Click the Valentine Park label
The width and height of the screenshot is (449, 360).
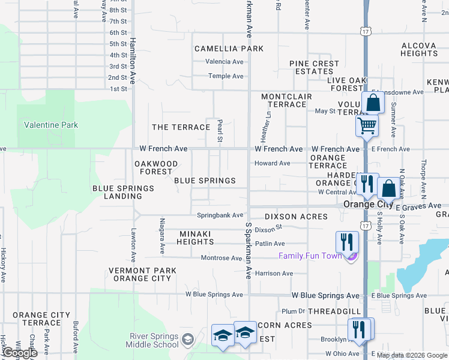[x=51, y=125]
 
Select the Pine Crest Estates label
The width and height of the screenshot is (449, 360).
[x=314, y=67]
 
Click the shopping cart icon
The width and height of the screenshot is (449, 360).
[x=367, y=126]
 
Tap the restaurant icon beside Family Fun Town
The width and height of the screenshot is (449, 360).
[x=347, y=242]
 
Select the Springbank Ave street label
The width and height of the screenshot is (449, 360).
[x=220, y=215]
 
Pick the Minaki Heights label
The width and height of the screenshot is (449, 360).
[x=195, y=238]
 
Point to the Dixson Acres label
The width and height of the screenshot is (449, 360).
[x=297, y=217]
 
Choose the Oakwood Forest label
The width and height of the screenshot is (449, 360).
[x=153, y=167]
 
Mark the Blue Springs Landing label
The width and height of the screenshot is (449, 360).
[x=123, y=192]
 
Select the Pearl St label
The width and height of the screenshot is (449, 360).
[x=220, y=130]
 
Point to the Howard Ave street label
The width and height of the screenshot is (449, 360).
[x=272, y=163]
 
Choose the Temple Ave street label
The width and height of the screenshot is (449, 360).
[x=226, y=76]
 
